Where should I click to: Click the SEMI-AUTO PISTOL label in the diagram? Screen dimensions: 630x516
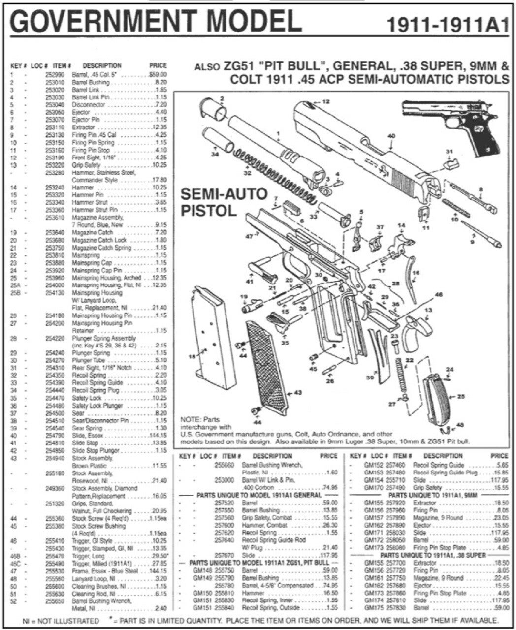coord(224,201)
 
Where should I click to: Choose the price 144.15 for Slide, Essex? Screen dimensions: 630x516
coord(158,436)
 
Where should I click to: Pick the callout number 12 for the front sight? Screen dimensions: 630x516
coord(325,101)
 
